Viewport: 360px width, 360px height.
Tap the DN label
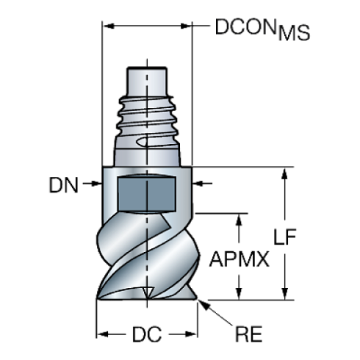pos(66,185)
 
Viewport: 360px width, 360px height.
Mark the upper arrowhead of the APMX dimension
pos(238,217)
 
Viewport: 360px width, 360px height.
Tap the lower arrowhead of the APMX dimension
pos(238,295)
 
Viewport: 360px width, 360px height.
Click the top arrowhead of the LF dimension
pos(283,173)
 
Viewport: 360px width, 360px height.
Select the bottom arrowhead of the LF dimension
pos(283,295)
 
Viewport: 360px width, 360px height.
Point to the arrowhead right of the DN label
pos(201,185)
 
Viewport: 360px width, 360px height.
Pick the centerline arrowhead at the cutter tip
pos(148,293)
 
